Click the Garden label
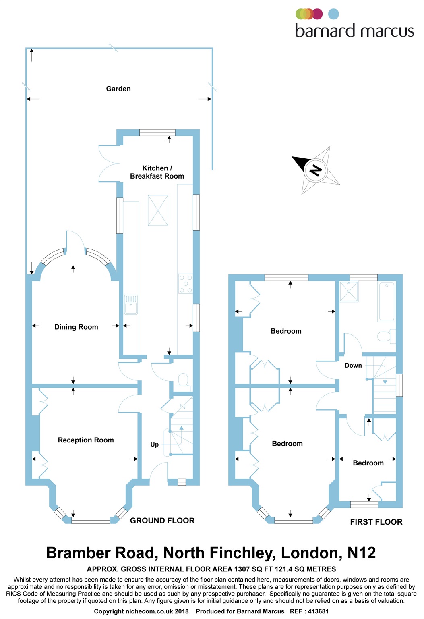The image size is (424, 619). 118,89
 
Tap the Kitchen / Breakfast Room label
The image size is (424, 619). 157,172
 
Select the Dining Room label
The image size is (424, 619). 76,327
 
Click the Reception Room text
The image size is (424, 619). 86,440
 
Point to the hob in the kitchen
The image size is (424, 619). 186,284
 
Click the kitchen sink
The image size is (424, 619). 131,305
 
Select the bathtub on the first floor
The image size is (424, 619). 387,302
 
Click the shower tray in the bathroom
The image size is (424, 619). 349,292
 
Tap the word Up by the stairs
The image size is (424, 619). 155,445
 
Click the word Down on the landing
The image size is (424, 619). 353,366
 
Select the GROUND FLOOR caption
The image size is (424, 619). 162,521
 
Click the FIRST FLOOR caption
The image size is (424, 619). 376,522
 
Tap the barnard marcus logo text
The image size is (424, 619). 354,31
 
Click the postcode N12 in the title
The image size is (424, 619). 361,553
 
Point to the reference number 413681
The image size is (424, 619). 318,611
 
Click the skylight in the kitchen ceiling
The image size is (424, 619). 158,210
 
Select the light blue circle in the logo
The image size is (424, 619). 333,14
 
